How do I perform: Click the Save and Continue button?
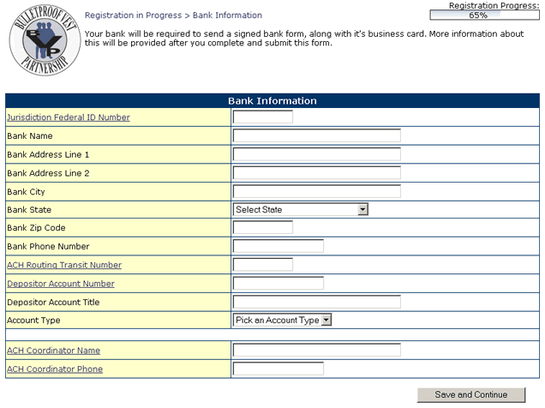pos(470,394)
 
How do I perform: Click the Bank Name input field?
pos(316,135)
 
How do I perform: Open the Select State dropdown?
pos(301,209)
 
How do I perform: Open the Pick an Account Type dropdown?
pos(282,321)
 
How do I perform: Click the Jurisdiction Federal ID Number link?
pos(69,117)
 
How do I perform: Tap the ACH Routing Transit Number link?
pos(64,266)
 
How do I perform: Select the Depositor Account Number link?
pos(61,284)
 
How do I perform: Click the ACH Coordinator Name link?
pos(53,351)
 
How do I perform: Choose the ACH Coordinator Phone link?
pos(55,369)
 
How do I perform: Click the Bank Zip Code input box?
pos(262,228)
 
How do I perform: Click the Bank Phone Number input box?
pos(278,247)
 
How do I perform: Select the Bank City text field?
pos(316,191)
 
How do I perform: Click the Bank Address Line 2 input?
pos(316,172)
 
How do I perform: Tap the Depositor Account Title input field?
pos(316,302)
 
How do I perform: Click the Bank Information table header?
pos(272,101)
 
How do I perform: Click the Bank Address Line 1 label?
pos(48,154)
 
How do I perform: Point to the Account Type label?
pos(33,321)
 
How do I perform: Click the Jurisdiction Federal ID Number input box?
pos(262,117)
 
